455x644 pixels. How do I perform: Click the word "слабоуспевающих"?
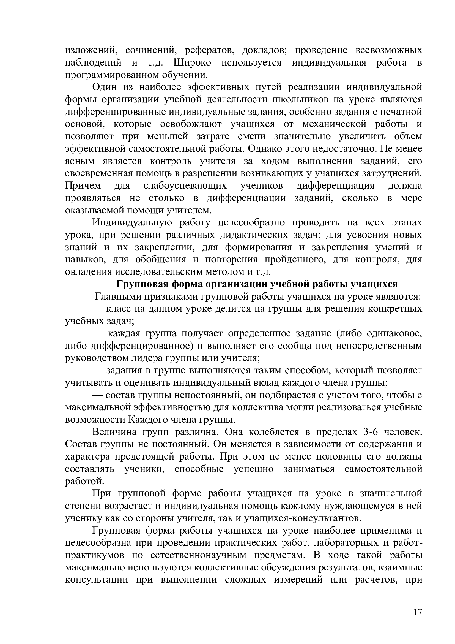coord(185,186)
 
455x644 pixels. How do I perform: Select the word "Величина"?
coord(115,432)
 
